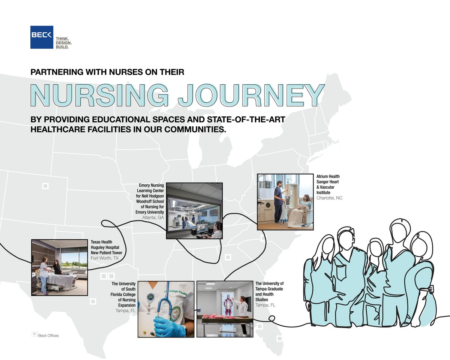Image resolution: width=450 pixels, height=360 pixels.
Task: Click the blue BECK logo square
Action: click(x=42, y=37)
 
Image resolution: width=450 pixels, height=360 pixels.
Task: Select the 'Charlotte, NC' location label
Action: click(x=329, y=198)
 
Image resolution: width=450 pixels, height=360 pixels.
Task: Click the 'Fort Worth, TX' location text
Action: click(x=106, y=258)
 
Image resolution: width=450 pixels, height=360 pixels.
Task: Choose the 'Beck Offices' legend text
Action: click(x=48, y=335)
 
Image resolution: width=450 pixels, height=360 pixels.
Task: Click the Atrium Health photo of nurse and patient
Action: click(x=285, y=201)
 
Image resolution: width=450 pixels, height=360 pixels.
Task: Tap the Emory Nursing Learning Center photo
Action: click(x=194, y=211)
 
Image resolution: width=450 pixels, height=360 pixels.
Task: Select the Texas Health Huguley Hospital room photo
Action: click(x=60, y=267)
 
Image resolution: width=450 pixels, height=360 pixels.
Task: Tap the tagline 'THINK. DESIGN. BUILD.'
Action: click(x=64, y=43)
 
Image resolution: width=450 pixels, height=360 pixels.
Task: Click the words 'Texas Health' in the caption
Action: click(x=101, y=242)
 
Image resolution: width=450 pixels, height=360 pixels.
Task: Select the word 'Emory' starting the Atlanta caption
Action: click(x=145, y=185)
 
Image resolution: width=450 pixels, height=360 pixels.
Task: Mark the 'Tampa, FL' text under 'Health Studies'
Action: click(x=265, y=305)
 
